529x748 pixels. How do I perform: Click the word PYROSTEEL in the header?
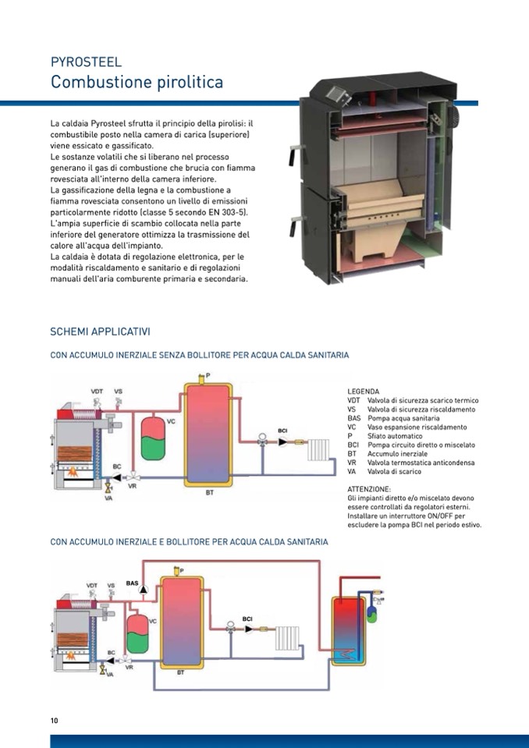86,62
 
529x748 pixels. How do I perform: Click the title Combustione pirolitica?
137,82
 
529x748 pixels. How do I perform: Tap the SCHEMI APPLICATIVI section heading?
100,332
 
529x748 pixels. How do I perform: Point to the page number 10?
54,720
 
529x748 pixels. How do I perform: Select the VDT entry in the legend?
354,399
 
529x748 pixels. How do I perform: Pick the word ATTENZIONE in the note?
370,489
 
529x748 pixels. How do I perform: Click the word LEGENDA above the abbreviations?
363,391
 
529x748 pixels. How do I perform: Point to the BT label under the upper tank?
209,493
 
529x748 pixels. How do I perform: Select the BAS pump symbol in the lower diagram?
142,590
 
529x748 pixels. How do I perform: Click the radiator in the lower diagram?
287,636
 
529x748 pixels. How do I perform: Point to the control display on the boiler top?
340,95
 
